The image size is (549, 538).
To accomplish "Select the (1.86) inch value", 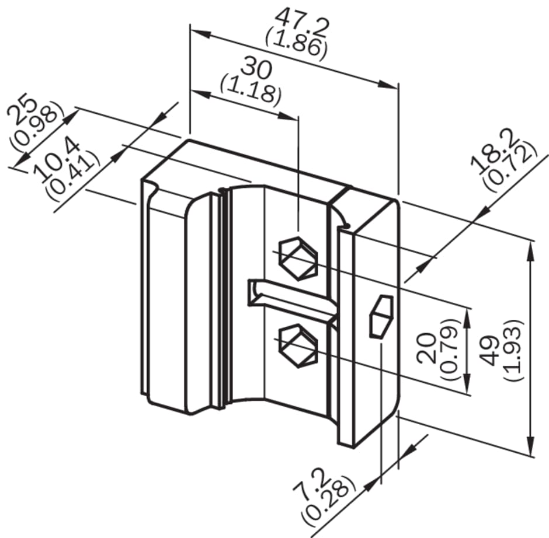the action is pyautogui.click(x=296, y=44).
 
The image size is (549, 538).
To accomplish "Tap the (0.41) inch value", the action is pyautogui.click(x=73, y=176).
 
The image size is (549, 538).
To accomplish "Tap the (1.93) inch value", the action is pyautogui.click(x=513, y=350).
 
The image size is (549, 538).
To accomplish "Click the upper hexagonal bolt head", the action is pyautogui.click(x=298, y=258).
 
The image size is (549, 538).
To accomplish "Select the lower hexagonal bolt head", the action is pyautogui.click(x=298, y=345).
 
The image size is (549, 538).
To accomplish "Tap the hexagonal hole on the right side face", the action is pyautogui.click(x=381, y=316).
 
